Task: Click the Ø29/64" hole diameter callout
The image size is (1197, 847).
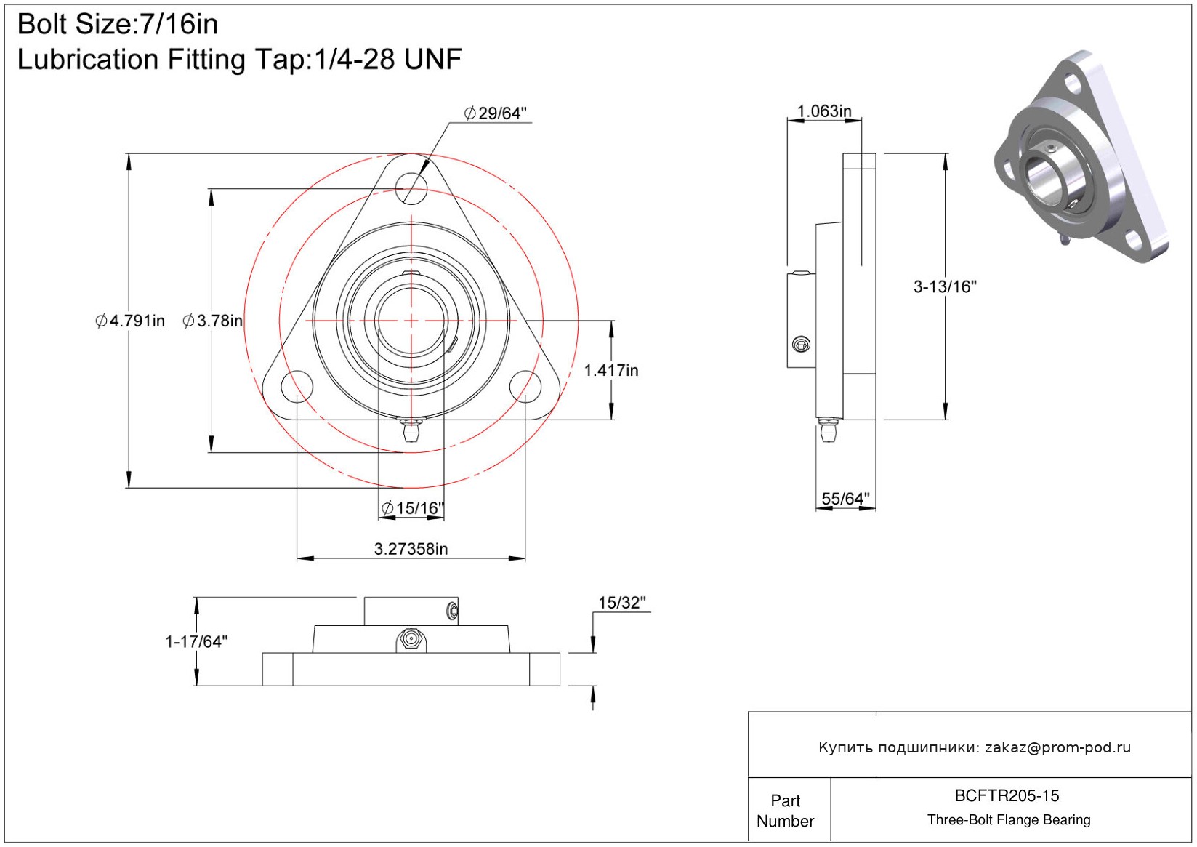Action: [x=496, y=113]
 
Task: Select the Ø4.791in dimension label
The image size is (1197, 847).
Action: [x=130, y=321]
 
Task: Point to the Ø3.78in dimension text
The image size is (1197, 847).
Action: [x=212, y=321]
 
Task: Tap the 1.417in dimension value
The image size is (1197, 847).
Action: [x=611, y=370]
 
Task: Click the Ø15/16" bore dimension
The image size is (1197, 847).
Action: [x=412, y=507]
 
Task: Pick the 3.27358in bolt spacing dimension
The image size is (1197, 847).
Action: [x=411, y=549]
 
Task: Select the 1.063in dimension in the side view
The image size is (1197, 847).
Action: [x=824, y=111]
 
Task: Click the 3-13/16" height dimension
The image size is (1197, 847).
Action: [x=945, y=286]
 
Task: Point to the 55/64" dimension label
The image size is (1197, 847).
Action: [x=845, y=499]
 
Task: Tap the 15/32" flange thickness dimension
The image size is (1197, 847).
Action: [x=621, y=603]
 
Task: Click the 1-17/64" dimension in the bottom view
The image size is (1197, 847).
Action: [x=196, y=641]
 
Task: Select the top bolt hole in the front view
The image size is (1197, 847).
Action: [x=411, y=188]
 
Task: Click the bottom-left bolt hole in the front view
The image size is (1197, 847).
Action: [x=297, y=385]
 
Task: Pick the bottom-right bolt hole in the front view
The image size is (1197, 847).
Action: [x=525, y=385]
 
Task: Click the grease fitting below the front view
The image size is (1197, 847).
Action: [x=411, y=430]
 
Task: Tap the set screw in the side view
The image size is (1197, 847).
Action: [x=801, y=345]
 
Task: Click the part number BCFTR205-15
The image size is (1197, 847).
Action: [x=1007, y=795]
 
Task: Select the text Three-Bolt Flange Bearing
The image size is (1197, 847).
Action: [x=1009, y=820]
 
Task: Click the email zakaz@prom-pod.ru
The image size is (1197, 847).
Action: [x=1057, y=747]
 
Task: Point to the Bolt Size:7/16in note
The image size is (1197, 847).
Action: [x=118, y=25]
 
